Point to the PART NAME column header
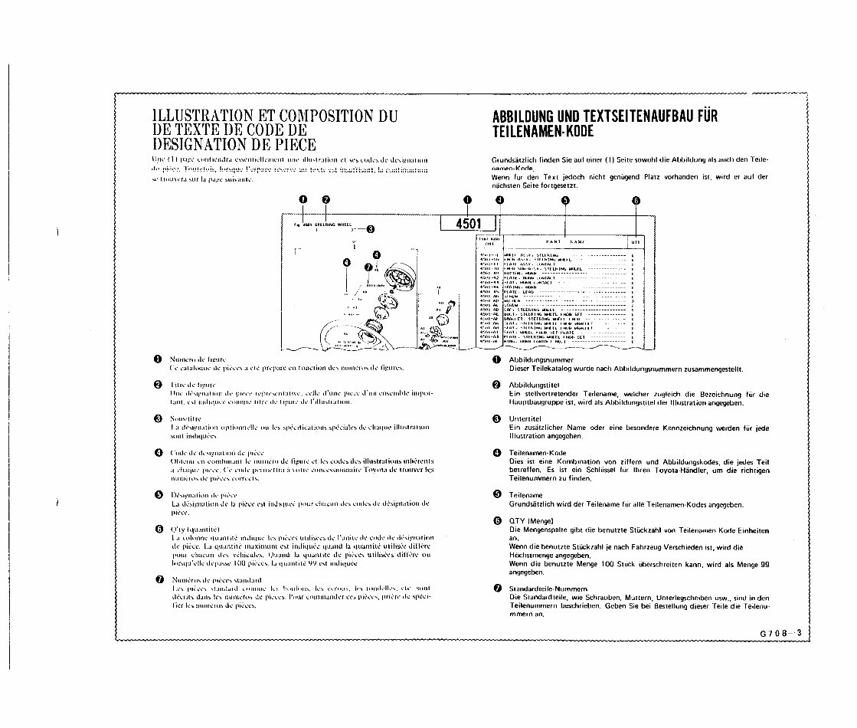(565, 241)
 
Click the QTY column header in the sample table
(636, 241)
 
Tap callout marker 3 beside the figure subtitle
(370, 228)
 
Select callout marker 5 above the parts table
(565, 201)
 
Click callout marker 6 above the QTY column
(636, 201)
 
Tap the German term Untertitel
(525, 419)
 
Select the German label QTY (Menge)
(526, 520)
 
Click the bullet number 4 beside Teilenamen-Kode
(496, 452)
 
